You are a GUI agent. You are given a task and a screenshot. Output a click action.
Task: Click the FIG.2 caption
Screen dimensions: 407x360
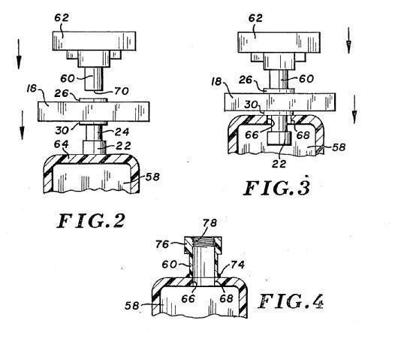point(91,221)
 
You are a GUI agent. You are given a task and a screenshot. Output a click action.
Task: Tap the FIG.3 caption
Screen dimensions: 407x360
point(276,188)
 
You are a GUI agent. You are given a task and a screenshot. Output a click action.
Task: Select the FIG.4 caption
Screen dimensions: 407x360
point(291,301)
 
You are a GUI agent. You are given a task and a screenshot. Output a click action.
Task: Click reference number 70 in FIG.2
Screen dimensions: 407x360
point(122,91)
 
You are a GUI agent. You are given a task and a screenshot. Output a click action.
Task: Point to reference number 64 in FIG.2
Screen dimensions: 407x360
point(62,144)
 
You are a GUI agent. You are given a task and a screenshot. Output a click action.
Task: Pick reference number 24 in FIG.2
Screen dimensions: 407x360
point(122,132)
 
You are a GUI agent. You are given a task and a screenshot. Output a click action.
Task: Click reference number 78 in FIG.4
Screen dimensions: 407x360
point(210,223)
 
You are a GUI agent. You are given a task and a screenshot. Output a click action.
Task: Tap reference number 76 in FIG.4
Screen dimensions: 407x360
point(162,244)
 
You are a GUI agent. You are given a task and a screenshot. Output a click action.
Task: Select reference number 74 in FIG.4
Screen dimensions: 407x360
point(237,265)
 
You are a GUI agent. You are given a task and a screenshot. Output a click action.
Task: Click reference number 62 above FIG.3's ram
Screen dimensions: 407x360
point(255,18)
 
